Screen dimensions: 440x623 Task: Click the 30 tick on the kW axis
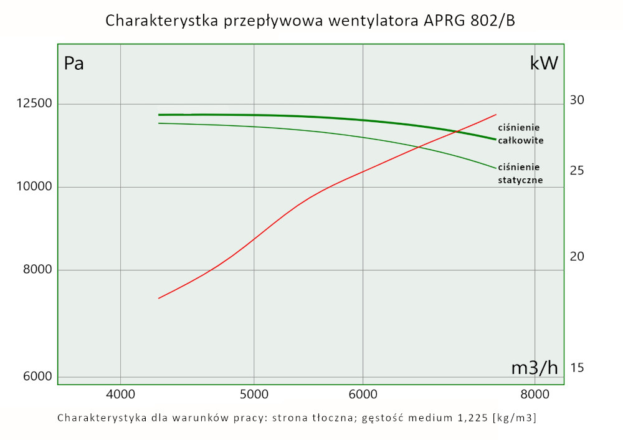[577, 100]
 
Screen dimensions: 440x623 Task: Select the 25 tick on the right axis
[577, 170]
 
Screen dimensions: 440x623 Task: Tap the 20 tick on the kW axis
[577, 256]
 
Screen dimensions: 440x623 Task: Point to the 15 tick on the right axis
[577, 368]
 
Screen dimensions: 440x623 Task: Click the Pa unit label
[74, 64]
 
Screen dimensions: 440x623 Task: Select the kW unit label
[544, 63]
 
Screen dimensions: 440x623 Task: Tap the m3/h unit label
[535, 368]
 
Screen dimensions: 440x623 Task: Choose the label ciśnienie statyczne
[520, 173]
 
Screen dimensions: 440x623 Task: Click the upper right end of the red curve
[496, 115]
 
